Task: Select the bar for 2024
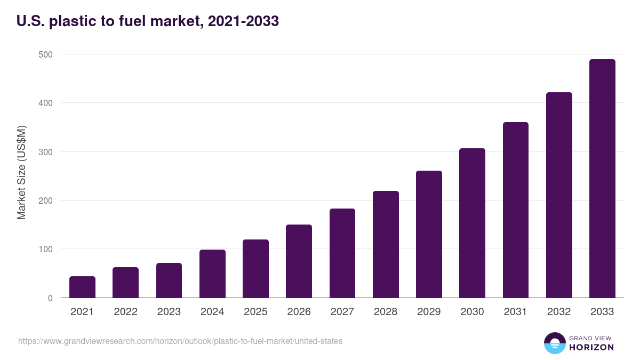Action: point(212,274)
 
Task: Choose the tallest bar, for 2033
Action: point(602,178)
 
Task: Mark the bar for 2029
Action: point(429,234)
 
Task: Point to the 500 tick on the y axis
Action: point(45,54)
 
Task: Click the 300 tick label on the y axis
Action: point(45,152)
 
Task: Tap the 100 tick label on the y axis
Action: point(45,249)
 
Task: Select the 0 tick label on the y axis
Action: point(50,298)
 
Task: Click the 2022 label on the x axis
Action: point(125,312)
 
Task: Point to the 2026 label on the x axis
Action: point(299,312)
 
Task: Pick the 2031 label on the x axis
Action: point(515,312)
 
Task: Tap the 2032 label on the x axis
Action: point(559,312)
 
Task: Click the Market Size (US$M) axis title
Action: point(21,172)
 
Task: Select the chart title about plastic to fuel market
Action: point(148,21)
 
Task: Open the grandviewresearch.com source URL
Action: point(180,341)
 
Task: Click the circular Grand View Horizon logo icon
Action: point(554,343)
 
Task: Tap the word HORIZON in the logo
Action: point(591,347)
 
